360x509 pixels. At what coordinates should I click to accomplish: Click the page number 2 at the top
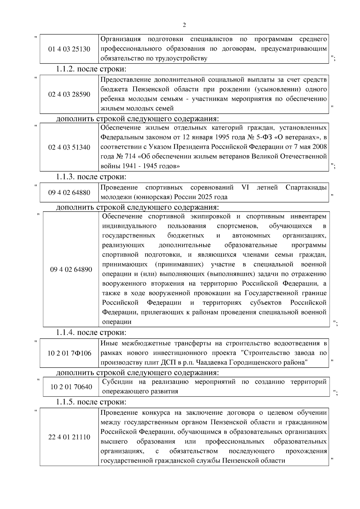[184, 25]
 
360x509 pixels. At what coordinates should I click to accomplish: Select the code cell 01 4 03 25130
[69, 49]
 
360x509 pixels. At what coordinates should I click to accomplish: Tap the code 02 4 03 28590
[69, 94]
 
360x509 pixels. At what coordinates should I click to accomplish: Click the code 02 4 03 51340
[69, 147]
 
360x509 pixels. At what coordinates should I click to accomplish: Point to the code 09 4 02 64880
[69, 192]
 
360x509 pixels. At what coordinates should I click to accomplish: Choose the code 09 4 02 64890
[71, 269]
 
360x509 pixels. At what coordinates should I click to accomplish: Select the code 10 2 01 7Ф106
[69, 353]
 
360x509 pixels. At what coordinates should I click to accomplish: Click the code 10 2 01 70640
[71, 387]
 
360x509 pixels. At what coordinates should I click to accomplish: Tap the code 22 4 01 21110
[69, 437]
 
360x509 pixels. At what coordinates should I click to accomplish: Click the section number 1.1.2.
[66, 69]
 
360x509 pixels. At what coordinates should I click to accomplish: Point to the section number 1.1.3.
[66, 177]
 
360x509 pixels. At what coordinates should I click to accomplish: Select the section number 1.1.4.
[66, 332]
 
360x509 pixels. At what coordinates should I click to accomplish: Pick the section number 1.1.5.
[66, 402]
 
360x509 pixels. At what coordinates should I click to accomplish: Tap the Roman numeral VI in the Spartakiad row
[245, 188]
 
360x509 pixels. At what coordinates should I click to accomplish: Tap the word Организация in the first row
[121, 39]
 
